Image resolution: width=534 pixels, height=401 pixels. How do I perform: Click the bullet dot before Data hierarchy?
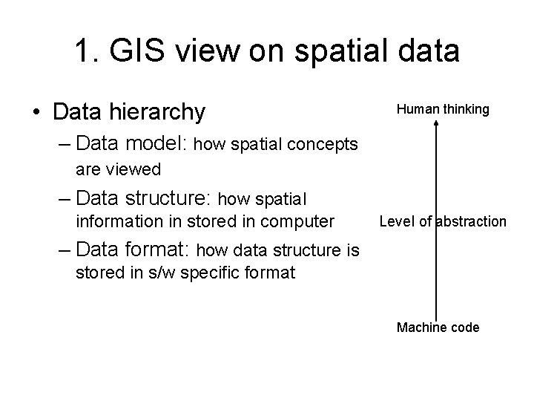[36, 112]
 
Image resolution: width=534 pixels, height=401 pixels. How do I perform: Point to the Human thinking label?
[443, 109]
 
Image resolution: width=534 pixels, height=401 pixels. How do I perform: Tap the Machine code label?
[438, 327]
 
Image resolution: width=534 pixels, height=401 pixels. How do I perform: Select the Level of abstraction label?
[443, 221]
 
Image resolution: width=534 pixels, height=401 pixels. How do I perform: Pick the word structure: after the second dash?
[175, 198]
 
